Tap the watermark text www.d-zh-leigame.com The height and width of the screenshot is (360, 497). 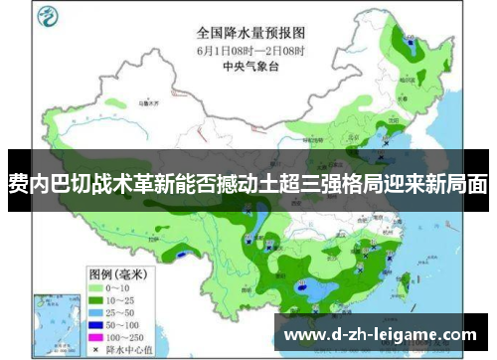coord(380,334)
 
